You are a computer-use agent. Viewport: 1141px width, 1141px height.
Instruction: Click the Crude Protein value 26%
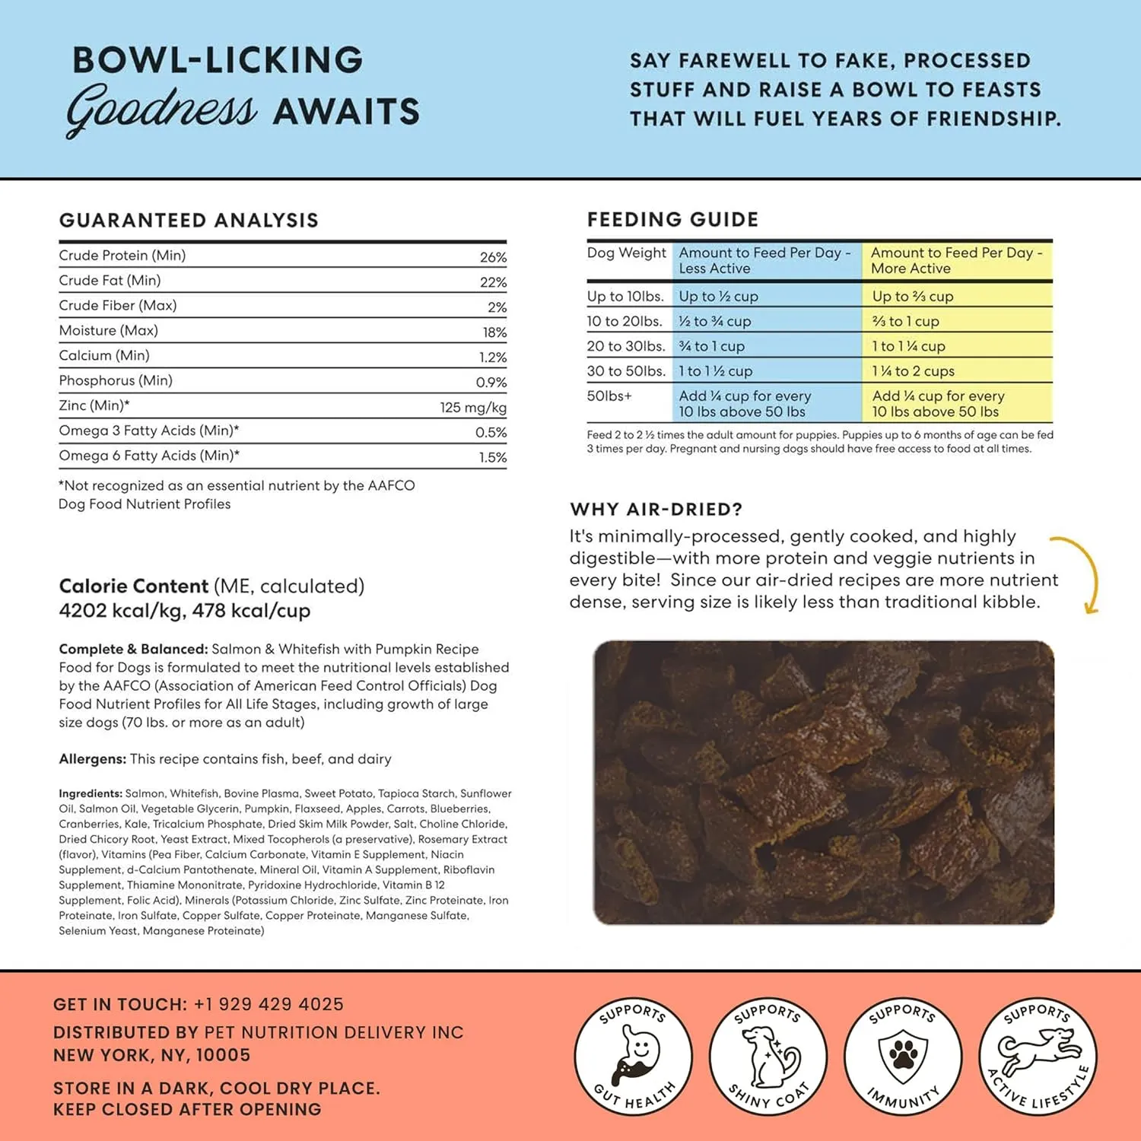(x=493, y=257)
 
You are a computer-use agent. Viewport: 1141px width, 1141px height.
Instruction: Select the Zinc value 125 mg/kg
(x=472, y=407)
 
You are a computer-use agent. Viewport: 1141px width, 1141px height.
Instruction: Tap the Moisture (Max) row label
(x=109, y=331)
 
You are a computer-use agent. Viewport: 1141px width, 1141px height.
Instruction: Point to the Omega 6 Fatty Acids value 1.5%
(x=492, y=457)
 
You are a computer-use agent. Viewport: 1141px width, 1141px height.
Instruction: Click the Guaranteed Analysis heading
(x=189, y=221)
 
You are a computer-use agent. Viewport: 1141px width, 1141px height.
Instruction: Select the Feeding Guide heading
(x=672, y=220)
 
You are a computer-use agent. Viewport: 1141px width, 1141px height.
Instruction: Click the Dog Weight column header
(x=626, y=253)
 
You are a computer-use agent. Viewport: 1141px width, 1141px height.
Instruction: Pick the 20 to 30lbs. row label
(x=626, y=346)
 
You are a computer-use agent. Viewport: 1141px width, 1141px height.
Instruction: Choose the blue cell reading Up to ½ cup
(x=718, y=297)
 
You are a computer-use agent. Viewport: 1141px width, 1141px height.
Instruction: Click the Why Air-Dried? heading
(x=656, y=510)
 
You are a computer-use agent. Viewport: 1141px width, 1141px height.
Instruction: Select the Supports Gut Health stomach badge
(x=633, y=1057)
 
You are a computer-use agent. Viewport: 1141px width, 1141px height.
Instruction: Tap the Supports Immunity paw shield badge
(x=903, y=1057)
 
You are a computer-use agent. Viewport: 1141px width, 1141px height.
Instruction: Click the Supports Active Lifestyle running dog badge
(x=1038, y=1057)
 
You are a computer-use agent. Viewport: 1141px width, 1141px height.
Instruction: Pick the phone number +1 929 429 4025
(x=269, y=1004)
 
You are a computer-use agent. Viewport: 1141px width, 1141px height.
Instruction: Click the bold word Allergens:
(x=92, y=759)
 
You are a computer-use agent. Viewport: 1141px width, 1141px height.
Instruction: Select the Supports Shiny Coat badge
(x=768, y=1057)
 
